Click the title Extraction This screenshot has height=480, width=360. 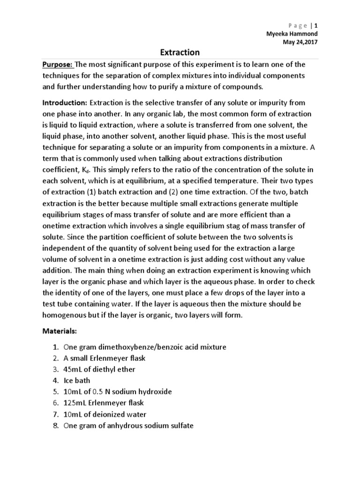coord(180,52)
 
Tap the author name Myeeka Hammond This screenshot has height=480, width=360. coord(292,34)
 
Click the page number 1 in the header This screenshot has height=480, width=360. coord(316,25)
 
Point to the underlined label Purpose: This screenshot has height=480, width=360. coord(58,65)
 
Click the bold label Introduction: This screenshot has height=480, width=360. coord(65,103)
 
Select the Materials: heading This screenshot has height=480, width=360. coord(60,331)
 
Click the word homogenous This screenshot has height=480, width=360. coord(64,315)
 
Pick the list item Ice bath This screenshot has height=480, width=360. coord(77,381)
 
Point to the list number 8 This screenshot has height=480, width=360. coord(56,426)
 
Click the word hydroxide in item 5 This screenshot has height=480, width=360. coord(156,392)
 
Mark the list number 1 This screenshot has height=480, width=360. coord(56,347)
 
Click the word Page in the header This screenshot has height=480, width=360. coord(295,25)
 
